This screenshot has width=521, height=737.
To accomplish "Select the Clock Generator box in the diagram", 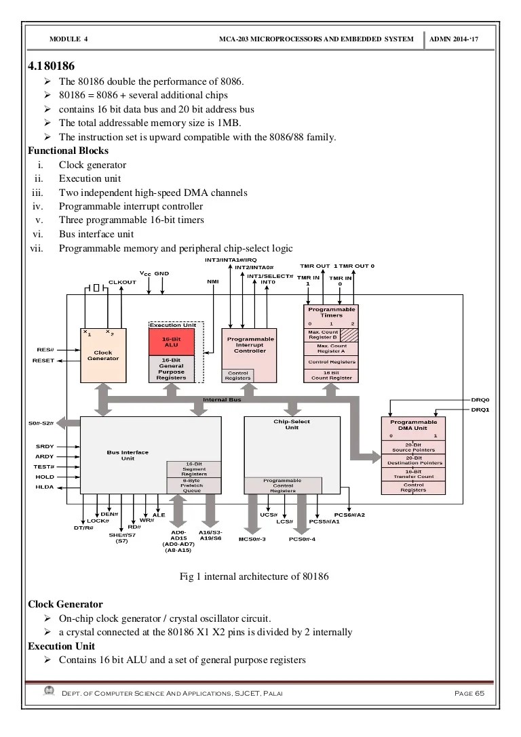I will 102,355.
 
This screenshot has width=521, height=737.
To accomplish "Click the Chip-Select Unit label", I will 292,424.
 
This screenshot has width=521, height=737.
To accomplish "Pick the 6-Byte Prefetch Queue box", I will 193,485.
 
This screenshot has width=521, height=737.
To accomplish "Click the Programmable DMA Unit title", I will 414,425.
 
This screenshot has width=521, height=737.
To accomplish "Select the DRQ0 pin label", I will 480,400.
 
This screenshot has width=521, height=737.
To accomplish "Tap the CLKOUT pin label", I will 122,282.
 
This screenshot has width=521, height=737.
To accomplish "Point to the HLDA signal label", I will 45,487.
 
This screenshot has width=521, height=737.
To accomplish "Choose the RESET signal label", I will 43,361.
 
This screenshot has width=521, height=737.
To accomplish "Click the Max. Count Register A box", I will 332,348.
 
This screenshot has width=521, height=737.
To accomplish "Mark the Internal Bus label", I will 222,400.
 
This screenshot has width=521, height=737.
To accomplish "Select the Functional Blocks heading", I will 68,151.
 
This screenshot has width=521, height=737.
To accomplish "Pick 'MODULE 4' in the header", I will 69,39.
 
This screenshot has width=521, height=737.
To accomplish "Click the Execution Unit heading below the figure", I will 61,646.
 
